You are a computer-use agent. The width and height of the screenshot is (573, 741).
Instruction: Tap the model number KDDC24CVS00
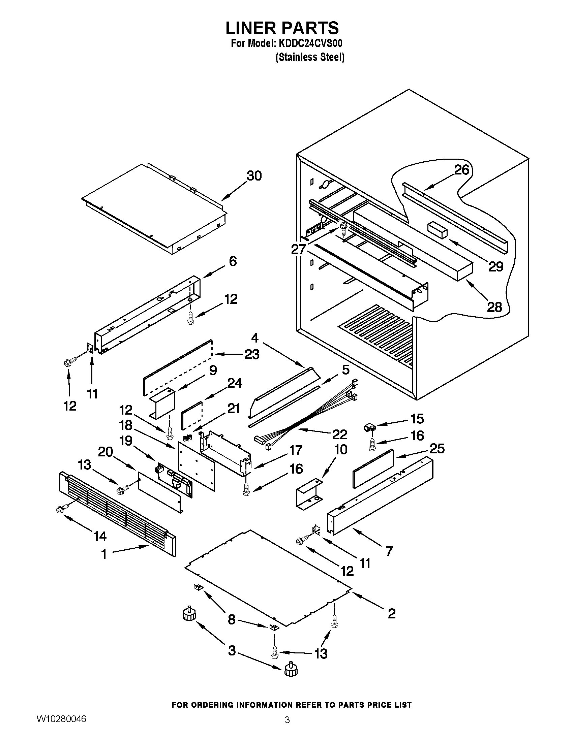[x=310, y=44]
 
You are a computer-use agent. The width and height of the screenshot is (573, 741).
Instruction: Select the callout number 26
[x=462, y=170]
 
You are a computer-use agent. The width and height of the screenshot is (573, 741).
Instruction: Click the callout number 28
[x=494, y=307]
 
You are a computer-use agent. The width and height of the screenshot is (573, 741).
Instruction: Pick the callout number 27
[x=299, y=249]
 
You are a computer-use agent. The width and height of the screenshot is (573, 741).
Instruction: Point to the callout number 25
[x=437, y=449]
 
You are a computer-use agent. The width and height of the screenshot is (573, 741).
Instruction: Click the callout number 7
[x=389, y=551]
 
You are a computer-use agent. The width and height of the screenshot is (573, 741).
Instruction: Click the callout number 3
[x=232, y=651]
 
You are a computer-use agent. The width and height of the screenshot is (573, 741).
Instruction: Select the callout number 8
[x=232, y=619]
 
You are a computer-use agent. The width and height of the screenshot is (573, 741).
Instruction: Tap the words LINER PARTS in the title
[x=282, y=28]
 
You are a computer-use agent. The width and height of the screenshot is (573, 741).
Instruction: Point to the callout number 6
[x=233, y=261]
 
